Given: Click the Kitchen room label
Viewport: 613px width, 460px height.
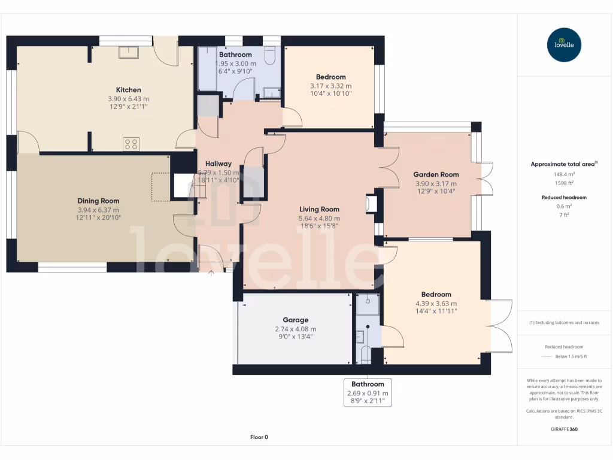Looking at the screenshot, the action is [128, 90].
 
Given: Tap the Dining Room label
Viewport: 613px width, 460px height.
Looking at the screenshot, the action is [98, 201].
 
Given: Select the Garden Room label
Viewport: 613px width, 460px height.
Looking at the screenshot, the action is [436, 174].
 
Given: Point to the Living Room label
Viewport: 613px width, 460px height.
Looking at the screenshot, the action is [319, 209].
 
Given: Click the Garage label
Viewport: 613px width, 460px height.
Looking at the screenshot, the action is [296, 320].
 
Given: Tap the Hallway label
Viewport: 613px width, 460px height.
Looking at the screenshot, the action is [218, 164].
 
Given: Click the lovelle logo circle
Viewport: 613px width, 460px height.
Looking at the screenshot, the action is [564, 44].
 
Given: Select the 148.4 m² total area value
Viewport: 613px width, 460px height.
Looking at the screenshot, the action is [564, 174].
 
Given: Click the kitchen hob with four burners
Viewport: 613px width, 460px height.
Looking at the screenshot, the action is [131, 144].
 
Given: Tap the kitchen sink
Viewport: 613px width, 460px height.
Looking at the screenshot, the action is [129, 52].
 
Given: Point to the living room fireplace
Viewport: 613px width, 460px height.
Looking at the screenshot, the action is [371, 204].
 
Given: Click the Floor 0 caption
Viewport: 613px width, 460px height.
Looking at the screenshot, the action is [259, 437].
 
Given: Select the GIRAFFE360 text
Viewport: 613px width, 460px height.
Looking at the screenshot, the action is [564, 429].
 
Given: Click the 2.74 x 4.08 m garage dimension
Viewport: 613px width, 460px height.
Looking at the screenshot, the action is [296, 329].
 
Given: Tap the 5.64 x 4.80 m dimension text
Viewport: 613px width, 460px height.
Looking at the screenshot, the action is [319, 219].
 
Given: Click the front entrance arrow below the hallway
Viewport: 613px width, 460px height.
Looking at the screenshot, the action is [211, 273].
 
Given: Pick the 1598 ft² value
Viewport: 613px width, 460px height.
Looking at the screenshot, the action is [564, 183].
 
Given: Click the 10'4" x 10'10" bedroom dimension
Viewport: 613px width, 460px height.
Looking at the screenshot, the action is [330, 93].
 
